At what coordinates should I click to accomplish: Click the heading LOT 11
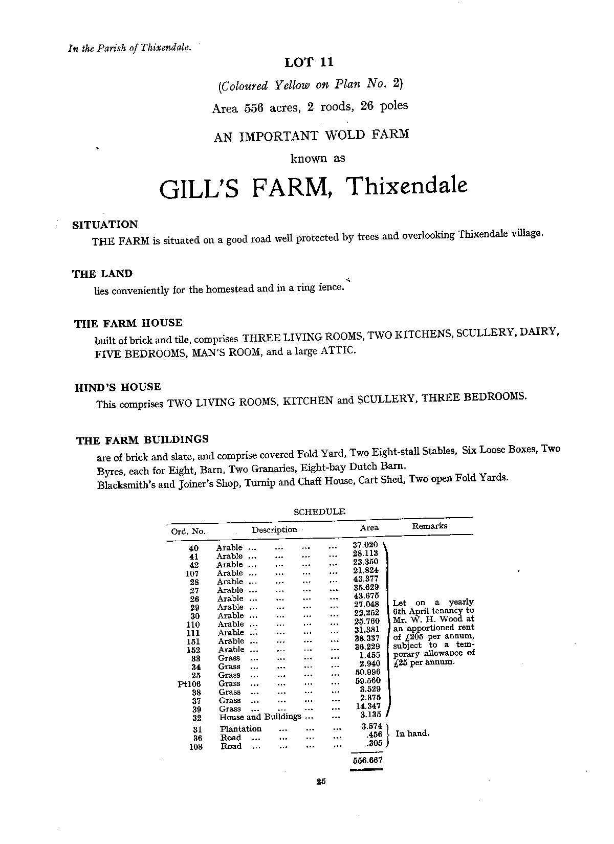(x=309, y=62)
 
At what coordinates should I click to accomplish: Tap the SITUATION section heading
(x=105, y=225)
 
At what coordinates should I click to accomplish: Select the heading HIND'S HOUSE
(x=118, y=387)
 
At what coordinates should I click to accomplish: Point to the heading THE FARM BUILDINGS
(x=142, y=440)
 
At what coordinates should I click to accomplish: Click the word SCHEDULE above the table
(x=319, y=512)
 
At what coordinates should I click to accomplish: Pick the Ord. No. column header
(x=188, y=531)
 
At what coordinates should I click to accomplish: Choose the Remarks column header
(x=430, y=526)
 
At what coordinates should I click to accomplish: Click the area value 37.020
(x=365, y=545)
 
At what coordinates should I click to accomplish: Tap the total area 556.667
(x=367, y=760)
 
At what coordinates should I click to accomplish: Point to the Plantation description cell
(x=240, y=729)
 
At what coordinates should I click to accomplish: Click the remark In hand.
(x=412, y=734)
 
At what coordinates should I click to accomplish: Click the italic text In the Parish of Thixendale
(x=129, y=49)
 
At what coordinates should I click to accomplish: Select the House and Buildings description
(x=260, y=717)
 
